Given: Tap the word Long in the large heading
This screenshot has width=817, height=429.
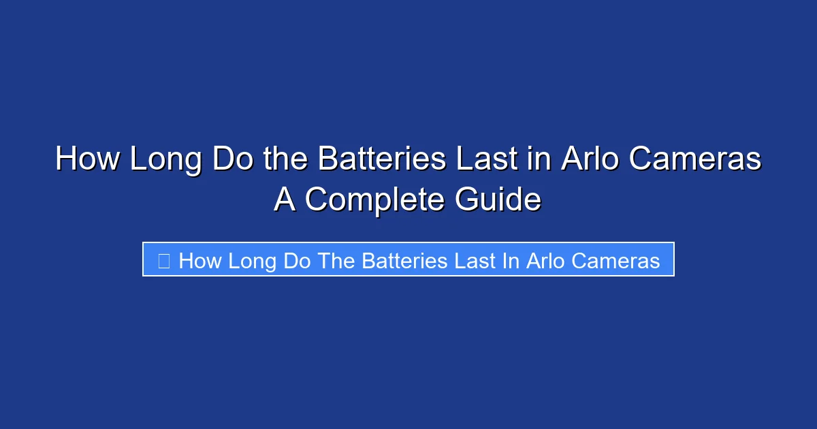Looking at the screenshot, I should pyautogui.click(x=165, y=159).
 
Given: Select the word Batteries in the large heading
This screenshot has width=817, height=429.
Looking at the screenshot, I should pyautogui.click(x=382, y=159).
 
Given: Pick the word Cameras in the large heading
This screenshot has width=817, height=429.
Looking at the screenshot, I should pyautogui.click(x=694, y=159).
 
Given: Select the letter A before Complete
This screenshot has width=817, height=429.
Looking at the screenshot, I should pyautogui.click(x=285, y=200).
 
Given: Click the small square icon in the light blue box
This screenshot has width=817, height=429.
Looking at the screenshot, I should pyautogui.click(x=163, y=260).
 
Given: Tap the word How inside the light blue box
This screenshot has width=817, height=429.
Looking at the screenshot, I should pyautogui.click(x=200, y=260).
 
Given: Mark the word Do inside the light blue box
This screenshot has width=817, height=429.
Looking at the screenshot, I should pyautogui.click(x=296, y=260).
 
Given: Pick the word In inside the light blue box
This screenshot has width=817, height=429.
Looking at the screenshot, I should pyautogui.click(x=511, y=260).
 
